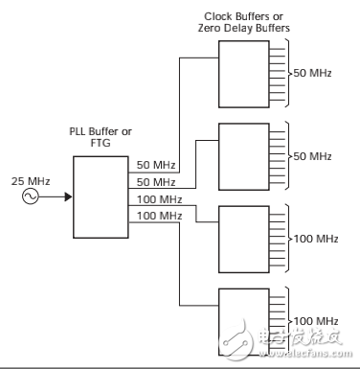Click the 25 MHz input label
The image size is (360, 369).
[31, 181]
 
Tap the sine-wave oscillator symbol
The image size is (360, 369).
[31, 196]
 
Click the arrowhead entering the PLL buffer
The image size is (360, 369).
[68, 196]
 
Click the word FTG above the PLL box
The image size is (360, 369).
[101, 143]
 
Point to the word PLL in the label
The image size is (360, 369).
[78, 131]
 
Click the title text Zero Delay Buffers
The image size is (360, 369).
[244, 28]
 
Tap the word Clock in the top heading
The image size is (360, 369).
[218, 16]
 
